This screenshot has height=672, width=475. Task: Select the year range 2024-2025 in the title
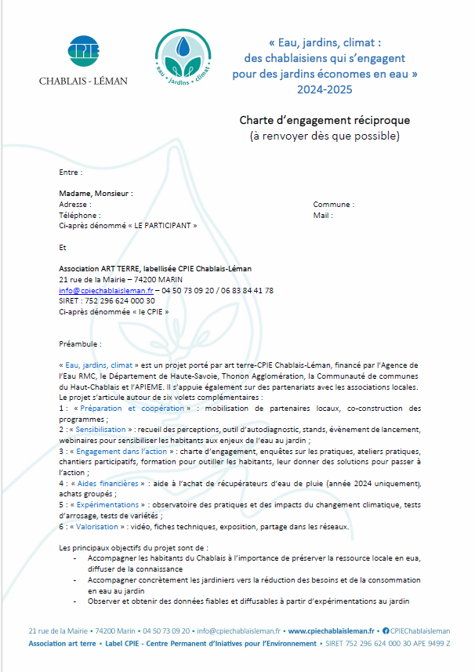click(x=325, y=89)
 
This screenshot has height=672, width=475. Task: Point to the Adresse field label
click(x=75, y=204)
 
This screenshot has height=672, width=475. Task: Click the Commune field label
click(x=333, y=204)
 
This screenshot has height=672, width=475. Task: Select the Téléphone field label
click(x=79, y=215)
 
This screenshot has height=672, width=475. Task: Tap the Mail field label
click(x=323, y=215)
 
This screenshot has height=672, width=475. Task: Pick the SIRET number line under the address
click(x=96, y=300)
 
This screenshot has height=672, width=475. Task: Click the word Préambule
click(x=80, y=343)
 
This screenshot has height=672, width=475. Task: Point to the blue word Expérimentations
click(x=108, y=505)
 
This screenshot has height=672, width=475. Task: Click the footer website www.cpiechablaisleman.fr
click(x=332, y=630)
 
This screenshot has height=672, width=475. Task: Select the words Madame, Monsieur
click(x=96, y=193)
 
